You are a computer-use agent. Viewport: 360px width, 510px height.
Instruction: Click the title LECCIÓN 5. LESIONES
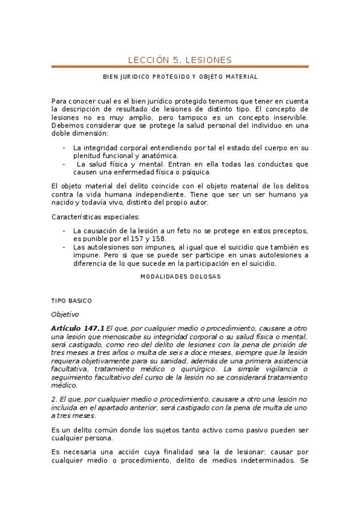tap(180, 59)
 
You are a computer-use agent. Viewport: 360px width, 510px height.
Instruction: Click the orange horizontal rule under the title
tap(180, 67)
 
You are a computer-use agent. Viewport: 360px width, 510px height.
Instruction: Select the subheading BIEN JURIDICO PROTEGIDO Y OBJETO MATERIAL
tap(180, 77)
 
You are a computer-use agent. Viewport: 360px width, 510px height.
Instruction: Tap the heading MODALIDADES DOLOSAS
tap(180, 277)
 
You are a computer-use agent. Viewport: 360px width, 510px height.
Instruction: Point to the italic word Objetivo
tap(65, 314)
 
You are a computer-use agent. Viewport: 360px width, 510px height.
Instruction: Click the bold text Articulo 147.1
tap(78, 328)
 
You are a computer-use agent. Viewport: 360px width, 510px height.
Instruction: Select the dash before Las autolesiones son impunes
tap(64, 247)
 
